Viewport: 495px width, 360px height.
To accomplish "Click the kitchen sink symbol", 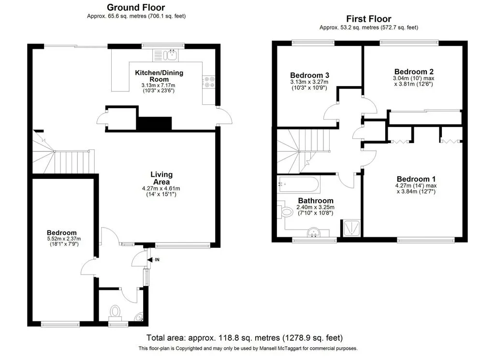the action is pos(165,55).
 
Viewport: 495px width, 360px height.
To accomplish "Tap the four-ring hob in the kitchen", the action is pos(209,82).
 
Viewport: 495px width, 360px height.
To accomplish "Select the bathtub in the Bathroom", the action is pos(298,184).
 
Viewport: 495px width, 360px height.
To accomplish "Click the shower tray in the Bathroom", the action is pos(351,227).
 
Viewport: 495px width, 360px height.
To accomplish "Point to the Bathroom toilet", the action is pos(285,211).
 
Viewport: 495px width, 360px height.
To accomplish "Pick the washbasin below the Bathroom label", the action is pos(314,232).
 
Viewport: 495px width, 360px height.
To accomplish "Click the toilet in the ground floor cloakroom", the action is pos(116,312).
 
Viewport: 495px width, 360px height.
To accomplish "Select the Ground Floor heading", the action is pos(136,7).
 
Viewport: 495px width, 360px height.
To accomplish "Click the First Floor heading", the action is pos(369,19).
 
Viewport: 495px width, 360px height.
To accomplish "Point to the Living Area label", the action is pos(161,178).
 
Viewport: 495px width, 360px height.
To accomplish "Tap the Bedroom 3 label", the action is pos(309,75).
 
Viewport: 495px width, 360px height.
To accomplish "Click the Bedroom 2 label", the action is pos(414,72).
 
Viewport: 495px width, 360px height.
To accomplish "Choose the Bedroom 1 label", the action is pos(416,179).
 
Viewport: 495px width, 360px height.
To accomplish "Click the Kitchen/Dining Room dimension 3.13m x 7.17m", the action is pos(158,86).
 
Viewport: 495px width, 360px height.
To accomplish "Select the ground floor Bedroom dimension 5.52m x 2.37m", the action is pos(64,239).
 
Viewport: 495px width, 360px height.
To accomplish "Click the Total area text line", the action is pos(244,338).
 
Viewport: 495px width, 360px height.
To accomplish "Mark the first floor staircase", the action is pos(304,151).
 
